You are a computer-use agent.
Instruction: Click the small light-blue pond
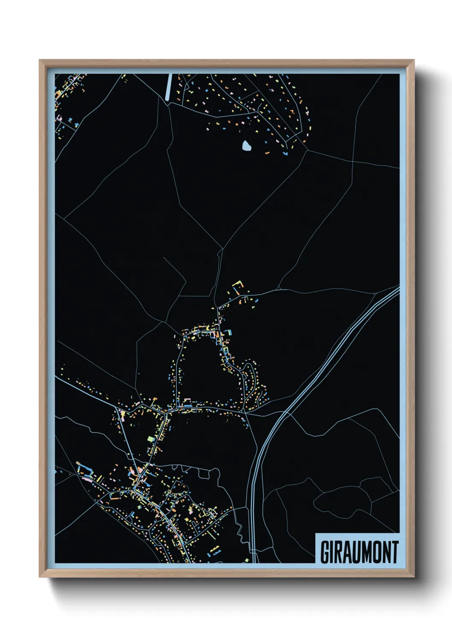pos(247,146)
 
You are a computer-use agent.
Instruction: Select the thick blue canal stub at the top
pos(168,87)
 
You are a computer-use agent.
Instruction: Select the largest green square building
pos(150,438)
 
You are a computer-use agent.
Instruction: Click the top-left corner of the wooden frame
pos(40,60)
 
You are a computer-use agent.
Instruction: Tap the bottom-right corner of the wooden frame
pos(413,577)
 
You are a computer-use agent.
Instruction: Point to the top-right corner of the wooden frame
pos(413,60)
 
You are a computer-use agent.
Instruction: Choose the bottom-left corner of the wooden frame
pos(40,577)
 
